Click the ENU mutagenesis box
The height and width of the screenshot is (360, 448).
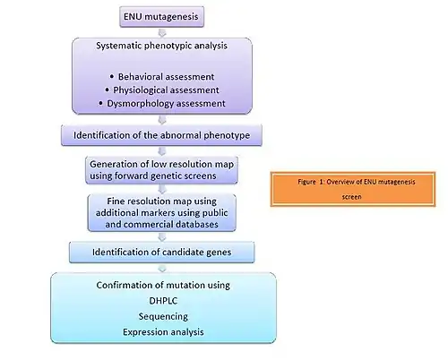pyautogui.click(x=161, y=17)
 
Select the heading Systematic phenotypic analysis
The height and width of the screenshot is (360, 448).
pyautogui.click(x=161, y=46)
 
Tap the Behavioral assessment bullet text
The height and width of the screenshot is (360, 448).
pyautogui.click(x=166, y=77)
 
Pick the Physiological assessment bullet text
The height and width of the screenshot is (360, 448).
pyautogui.click(x=166, y=90)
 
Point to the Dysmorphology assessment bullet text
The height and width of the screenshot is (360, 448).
pyautogui.click(x=166, y=104)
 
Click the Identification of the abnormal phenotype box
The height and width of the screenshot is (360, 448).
pyautogui.click(x=161, y=135)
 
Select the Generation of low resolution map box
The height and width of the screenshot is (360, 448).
pyautogui.click(x=161, y=170)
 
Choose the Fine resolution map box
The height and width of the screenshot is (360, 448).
pyautogui.click(x=161, y=212)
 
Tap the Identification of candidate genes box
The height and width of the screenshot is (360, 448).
pyautogui.click(x=161, y=253)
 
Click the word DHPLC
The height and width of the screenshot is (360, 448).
pyautogui.click(x=163, y=301)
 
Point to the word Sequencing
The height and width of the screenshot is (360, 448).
pyautogui.click(x=163, y=316)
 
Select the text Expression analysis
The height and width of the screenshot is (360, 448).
pyautogui.click(x=163, y=332)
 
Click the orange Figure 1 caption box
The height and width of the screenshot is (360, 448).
pyautogui.click(x=353, y=189)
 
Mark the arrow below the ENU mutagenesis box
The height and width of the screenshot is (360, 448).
pyautogui.click(x=162, y=32)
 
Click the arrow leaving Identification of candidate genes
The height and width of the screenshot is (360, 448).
pyautogui.click(x=162, y=268)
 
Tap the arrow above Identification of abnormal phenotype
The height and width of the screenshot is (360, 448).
pyautogui.click(x=162, y=120)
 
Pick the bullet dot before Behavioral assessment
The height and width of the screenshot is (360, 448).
pyautogui.click(x=112, y=77)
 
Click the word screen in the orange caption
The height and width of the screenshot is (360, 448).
pyautogui.click(x=351, y=197)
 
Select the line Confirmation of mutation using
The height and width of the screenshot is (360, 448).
pyautogui.click(x=163, y=285)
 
